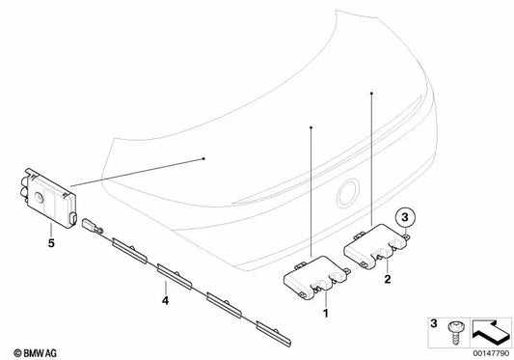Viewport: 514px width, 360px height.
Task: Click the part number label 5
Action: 51,230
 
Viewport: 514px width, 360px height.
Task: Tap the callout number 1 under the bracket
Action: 324,315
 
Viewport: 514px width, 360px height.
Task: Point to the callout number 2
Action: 386,279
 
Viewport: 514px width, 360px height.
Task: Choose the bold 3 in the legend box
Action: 431,321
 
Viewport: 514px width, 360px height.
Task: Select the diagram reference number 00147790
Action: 486,353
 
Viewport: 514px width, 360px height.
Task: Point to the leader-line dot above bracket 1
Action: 311,126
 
